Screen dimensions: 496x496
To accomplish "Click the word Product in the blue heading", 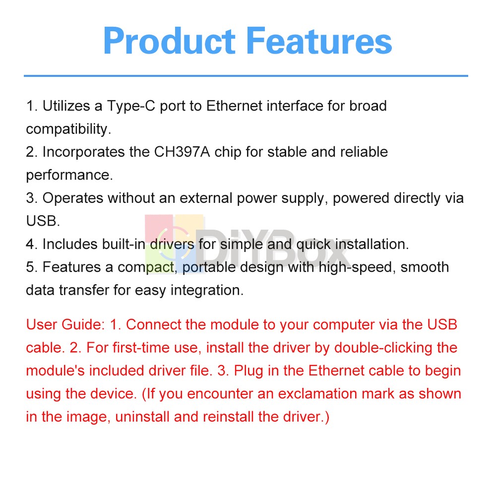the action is coord(169,41).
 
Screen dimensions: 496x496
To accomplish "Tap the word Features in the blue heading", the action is coord(319,41).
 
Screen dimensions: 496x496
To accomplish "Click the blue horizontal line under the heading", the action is coord(246,76).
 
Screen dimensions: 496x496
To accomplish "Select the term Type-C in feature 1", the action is coord(131,106).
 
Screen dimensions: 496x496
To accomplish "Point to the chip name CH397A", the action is coord(182,152).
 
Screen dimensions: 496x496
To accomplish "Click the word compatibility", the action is coord(68,129).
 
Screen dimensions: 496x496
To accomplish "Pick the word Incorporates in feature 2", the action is coord(83,152).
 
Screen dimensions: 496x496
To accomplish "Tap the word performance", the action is coord(69,176).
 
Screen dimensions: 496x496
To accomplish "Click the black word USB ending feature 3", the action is coord(43,221).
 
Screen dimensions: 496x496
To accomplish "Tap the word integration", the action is coord(207,291).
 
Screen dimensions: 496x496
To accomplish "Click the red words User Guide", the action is coord(65,324).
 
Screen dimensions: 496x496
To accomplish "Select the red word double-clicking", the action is coord(383,348).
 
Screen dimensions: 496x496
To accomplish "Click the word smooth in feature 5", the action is coord(425,267).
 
